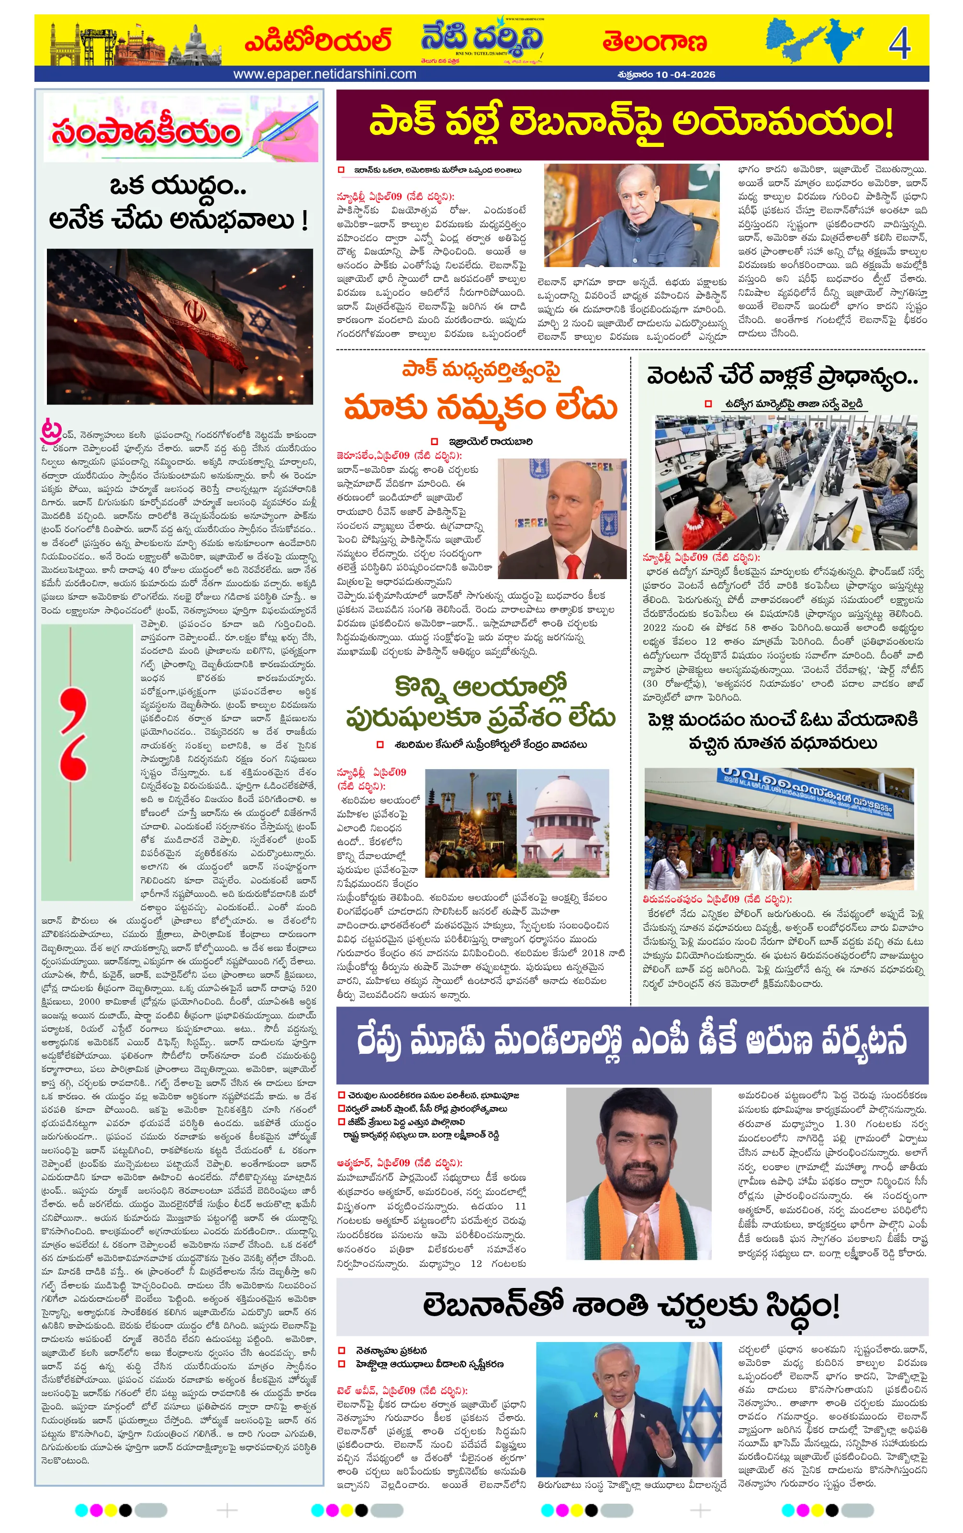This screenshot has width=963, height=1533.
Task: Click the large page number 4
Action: click(899, 43)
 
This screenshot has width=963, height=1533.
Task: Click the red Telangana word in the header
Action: click(654, 42)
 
